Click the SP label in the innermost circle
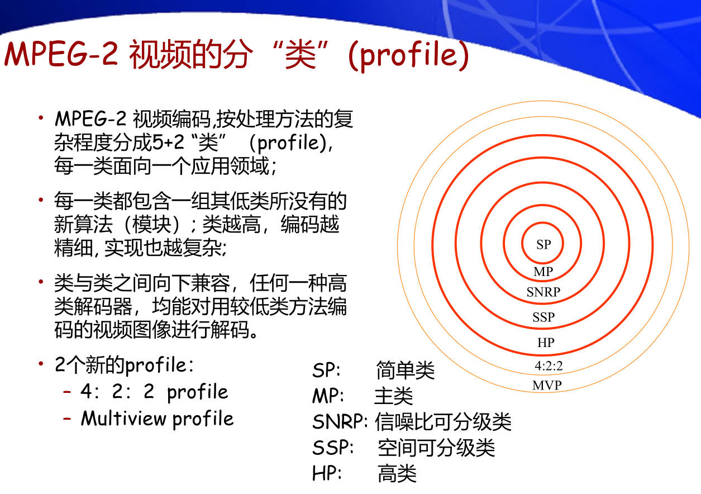point(543,245)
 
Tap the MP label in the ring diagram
point(543,272)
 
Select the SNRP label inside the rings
point(543,292)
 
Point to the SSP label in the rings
point(543,317)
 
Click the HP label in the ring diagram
point(546,343)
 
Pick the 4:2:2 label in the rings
point(549,365)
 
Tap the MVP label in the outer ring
point(547,386)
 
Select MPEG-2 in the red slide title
point(61,54)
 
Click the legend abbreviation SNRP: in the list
point(340,422)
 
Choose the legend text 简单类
point(405,370)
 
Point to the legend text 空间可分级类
point(436,448)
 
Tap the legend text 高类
point(397,473)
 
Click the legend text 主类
point(394,396)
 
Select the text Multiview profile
point(158,419)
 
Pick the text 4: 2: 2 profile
point(154,392)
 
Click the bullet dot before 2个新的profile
point(41,364)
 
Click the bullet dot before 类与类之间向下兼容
point(41,282)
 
